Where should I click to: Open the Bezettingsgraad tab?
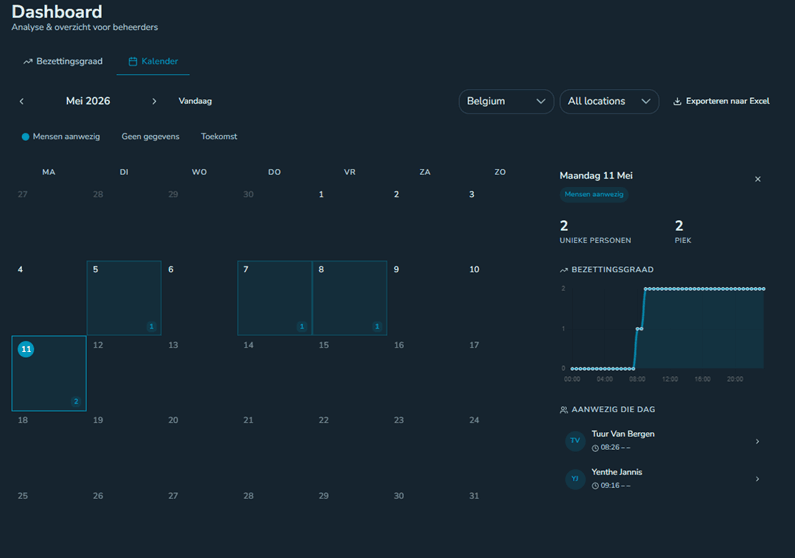click(x=63, y=61)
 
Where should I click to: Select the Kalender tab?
click(x=153, y=61)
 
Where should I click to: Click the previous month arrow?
click(x=21, y=101)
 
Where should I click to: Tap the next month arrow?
click(x=154, y=101)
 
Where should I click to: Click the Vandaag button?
click(x=195, y=101)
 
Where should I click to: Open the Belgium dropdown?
click(x=506, y=101)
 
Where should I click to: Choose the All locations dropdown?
click(x=609, y=101)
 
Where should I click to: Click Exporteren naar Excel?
click(x=721, y=101)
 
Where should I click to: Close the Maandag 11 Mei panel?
click(x=757, y=179)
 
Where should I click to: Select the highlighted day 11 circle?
click(x=26, y=349)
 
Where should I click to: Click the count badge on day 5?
click(x=151, y=326)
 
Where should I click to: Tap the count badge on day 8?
click(x=377, y=326)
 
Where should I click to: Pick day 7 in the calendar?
click(x=274, y=298)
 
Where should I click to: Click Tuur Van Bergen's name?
click(x=623, y=434)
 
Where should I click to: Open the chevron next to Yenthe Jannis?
click(x=757, y=479)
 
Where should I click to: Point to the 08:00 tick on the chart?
click(x=637, y=379)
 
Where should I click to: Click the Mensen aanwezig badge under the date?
click(x=594, y=195)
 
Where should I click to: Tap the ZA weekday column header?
click(x=425, y=172)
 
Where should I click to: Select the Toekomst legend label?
click(x=219, y=136)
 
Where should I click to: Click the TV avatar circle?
click(x=575, y=440)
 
